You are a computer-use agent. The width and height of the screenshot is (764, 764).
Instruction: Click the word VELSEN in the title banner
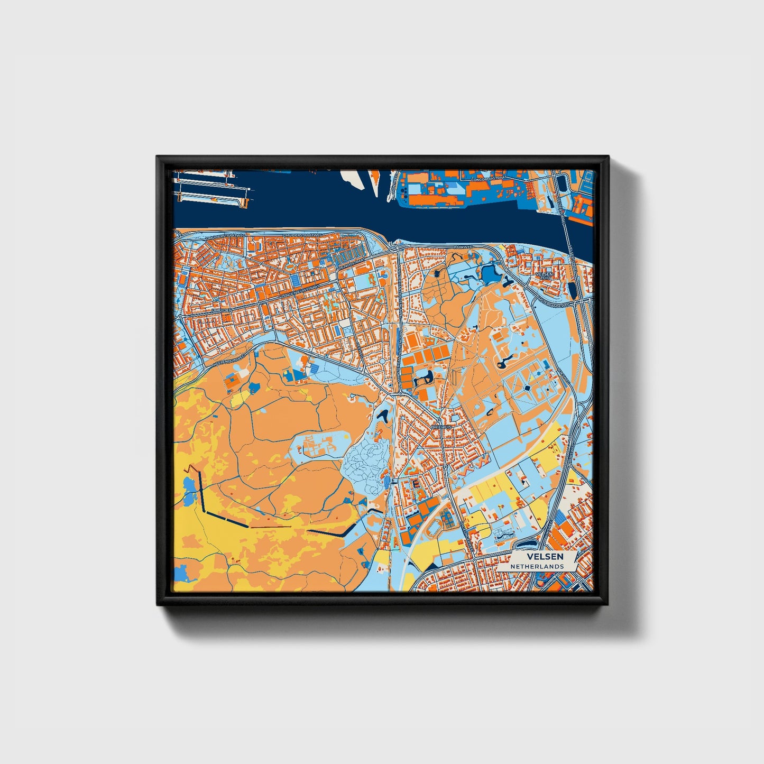[545, 557]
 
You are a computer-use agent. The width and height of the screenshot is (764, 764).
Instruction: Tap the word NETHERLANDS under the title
[537, 566]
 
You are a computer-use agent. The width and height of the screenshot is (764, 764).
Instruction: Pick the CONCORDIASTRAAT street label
[489, 180]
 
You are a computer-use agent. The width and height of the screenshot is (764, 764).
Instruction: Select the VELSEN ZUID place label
[544, 276]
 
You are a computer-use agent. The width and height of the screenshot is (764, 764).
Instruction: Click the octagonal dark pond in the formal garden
[528, 389]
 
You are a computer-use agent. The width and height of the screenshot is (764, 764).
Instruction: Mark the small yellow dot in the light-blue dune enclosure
[346, 437]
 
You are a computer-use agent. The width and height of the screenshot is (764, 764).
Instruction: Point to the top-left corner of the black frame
[158, 157]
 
